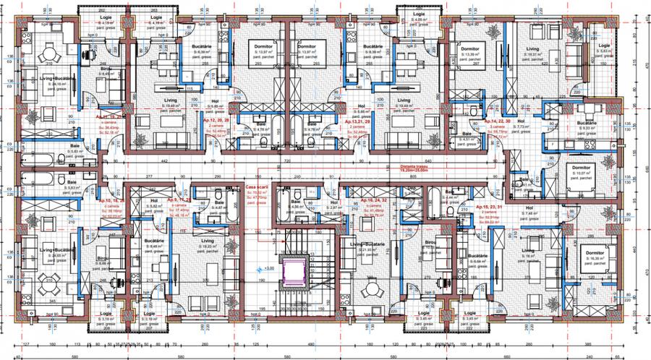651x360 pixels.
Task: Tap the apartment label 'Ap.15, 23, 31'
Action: [492, 206]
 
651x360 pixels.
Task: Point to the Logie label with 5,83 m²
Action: [605, 46]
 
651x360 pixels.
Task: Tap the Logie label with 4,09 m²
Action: [418, 14]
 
